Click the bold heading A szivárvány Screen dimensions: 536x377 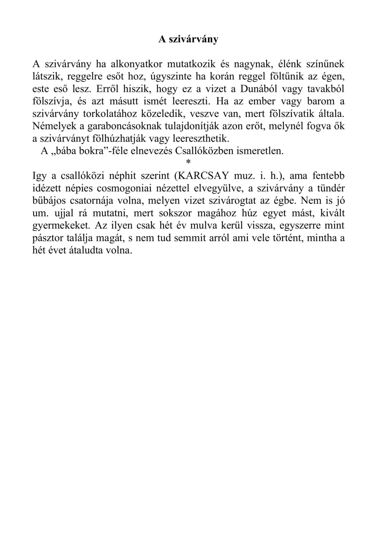[x=188, y=39]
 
